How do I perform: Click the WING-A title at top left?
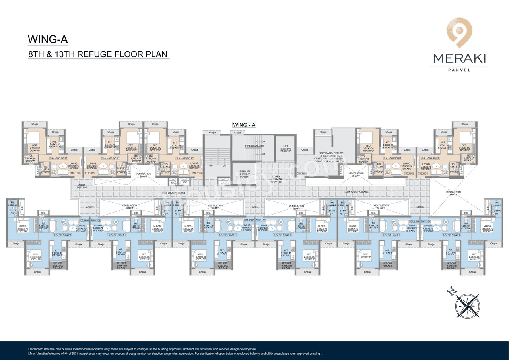tap(48, 39)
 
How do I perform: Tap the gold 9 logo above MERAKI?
tap(459, 34)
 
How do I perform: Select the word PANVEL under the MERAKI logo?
tap(459, 70)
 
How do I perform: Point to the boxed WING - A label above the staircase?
tap(244, 125)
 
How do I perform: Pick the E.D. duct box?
tap(173, 182)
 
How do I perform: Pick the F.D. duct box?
tap(185, 182)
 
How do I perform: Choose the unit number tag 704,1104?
tap(425, 220)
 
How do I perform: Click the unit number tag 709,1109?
tap(84, 220)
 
